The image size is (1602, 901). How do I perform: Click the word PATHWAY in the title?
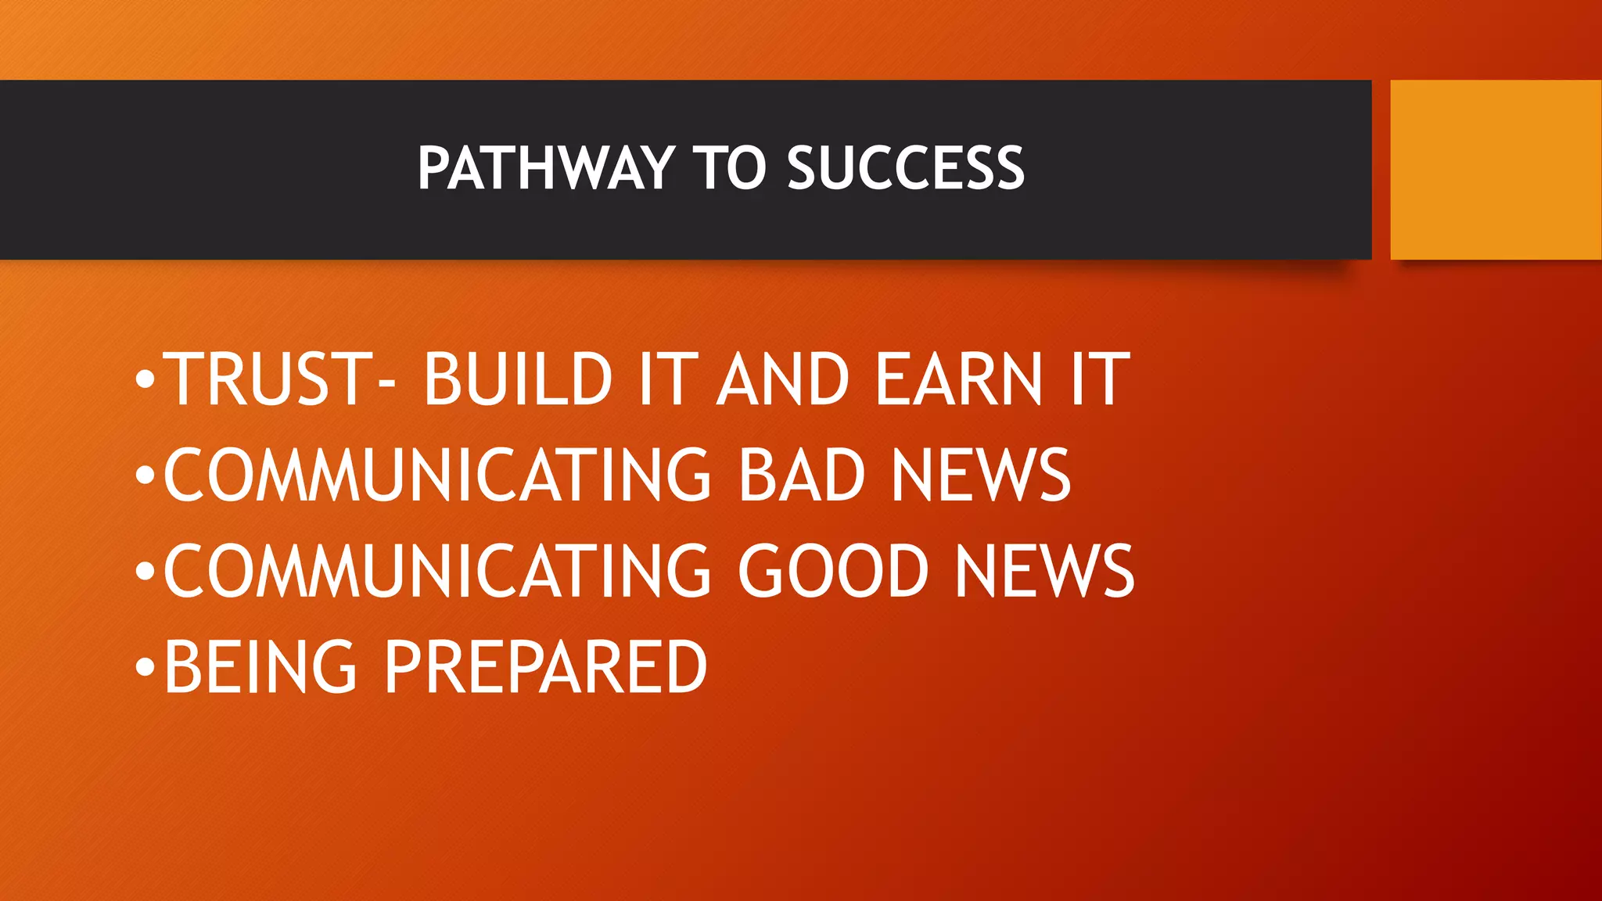[x=545, y=168]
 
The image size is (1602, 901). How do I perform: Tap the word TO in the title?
[x=729, y=168]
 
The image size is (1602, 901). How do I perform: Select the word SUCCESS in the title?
[x=905, y=168]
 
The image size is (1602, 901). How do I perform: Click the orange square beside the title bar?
[x=1496, y=170]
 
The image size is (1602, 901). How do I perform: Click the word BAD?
[x=801, y=476]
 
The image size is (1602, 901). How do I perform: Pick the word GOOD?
[x=833, y=572]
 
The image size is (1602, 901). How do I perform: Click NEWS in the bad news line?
[x=981, y=476]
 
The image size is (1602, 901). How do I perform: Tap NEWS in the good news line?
[x=1044, y=572]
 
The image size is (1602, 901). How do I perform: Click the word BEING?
[x=260, y=667]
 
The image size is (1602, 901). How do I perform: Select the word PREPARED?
[x=546, y=667]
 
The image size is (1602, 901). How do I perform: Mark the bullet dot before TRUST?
[x=145, y=380]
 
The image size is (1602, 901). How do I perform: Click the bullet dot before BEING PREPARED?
[x=145, y=668]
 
